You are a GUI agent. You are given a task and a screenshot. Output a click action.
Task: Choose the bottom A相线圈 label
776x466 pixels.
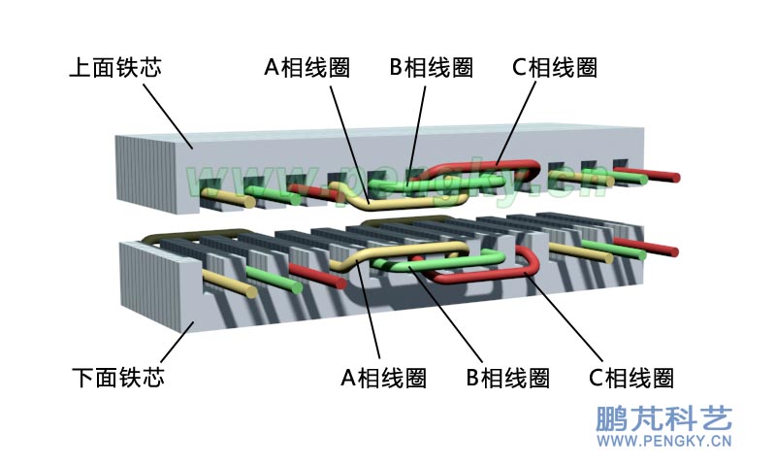tap(383, 377)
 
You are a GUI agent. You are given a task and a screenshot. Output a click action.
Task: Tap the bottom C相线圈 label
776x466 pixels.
tap(631, 377)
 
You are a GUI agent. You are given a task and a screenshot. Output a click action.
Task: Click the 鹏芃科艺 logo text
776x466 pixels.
tap(663, 418)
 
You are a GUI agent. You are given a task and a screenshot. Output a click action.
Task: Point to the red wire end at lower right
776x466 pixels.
tap(671, 250)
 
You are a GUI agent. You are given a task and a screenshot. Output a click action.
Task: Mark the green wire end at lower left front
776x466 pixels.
tap(297, 288)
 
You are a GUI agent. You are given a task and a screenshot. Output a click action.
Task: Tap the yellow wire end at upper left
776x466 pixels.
tap(250, 203)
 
